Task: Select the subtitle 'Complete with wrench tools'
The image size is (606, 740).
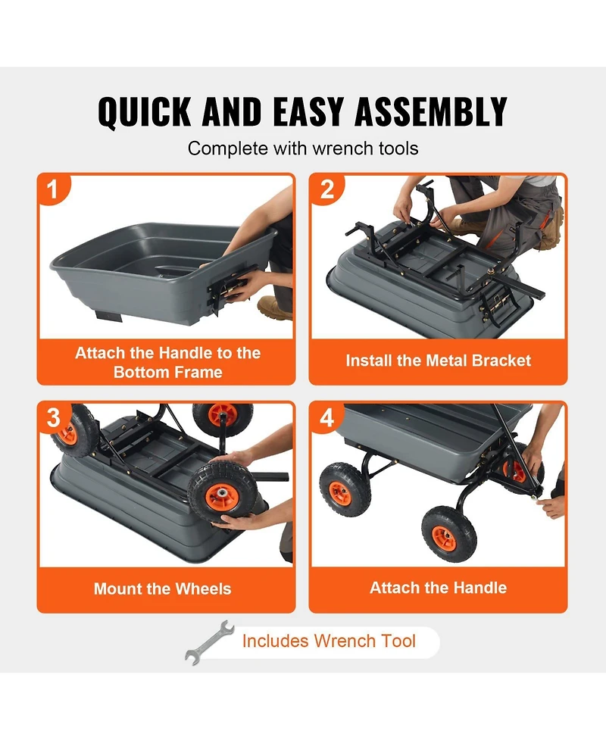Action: (303, 148)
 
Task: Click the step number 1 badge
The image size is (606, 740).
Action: (52, 189)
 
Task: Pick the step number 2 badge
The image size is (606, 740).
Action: (326, 189)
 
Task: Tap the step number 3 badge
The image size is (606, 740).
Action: (52, 417)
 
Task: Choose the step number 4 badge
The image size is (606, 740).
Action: (326, 417)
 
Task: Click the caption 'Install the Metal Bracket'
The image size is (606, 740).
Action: (439, 361)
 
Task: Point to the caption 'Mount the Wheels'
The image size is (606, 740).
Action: (163, 589)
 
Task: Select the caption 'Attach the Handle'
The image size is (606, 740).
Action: (439, 588)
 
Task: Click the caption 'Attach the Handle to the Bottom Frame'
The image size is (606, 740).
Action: (167, 362)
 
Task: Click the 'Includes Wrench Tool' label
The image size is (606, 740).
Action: (329, 641)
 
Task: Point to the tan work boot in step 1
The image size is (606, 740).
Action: (273, 307)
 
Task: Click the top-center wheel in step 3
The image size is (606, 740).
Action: (223, 418)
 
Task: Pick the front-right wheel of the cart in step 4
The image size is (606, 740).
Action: (448, 533)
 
